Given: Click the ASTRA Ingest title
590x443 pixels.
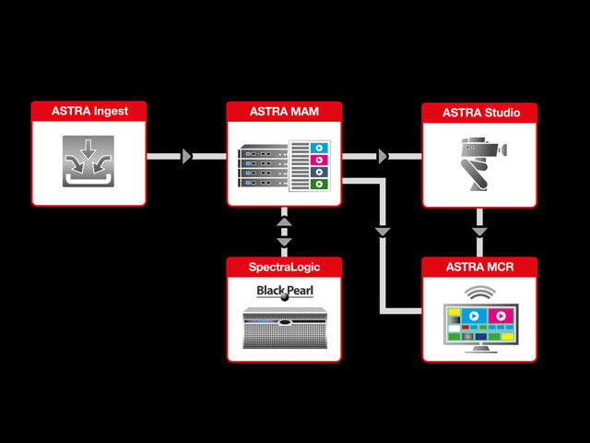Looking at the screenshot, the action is [89, 111].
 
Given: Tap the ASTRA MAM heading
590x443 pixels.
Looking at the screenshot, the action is [284, 112].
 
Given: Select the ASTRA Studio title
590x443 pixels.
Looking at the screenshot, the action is [481, 113].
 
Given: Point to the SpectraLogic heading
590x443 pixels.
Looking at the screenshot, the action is [284, 267].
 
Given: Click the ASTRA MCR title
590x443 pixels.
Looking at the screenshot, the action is [479, 267].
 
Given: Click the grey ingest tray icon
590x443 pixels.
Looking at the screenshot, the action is [88, 162].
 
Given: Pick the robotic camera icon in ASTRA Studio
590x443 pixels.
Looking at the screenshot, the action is [483, 163].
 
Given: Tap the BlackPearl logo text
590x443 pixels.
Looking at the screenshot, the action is [285, 292].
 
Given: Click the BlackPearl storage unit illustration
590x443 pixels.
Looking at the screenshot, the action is [285, 329].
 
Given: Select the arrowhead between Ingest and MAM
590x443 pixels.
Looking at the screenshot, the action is [187, 156].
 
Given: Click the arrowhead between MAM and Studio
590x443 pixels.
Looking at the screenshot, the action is [383, 156].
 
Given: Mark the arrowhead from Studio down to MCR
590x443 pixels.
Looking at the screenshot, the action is [479, 232].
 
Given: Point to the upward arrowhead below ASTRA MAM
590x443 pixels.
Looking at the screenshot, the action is [284, 221].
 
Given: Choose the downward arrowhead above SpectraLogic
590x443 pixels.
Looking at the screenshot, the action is [284, 242].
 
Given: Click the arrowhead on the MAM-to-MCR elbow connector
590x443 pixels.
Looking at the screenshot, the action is [383, 232].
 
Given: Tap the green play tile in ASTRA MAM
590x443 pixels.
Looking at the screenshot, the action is [319, 185].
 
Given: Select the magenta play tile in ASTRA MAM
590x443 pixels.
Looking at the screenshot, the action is [319, 160].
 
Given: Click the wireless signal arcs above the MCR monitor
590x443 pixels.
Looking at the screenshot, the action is [480, 293].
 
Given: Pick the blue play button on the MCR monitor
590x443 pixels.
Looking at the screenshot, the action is [474, 316].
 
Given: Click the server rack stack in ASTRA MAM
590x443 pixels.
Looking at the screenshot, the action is [263, 166].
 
